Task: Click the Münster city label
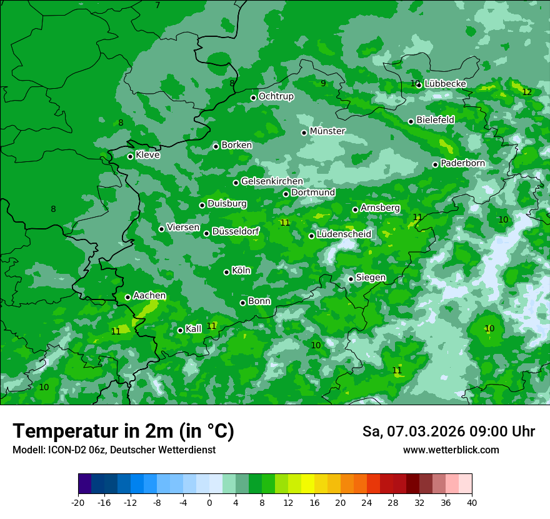tap(327, 131)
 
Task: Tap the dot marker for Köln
tap(227, 272)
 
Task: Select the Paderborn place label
tap(462, 163)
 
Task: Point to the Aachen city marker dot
tap(127, 297)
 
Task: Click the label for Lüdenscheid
tap(344, 234)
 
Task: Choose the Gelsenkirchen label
tap(272, 181)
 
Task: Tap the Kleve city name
tap(147, 155)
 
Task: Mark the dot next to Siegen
tap(351, 279)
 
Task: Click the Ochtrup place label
tap(276, 96)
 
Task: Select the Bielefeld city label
tap(435, 119)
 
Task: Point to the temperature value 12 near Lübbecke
tap(526, 92)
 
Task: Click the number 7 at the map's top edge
tap(157, 5)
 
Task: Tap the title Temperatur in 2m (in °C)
tap(123, 431)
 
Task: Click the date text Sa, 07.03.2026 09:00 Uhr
tap(448, 431)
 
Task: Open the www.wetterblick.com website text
tap(451, 450)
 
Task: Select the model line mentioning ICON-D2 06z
tap(114, 450)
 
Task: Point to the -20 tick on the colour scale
tap(78, 502)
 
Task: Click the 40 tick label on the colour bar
tap(471, 502)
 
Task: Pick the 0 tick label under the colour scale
tap(209, 502)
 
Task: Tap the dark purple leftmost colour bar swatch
tap(85, 484)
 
